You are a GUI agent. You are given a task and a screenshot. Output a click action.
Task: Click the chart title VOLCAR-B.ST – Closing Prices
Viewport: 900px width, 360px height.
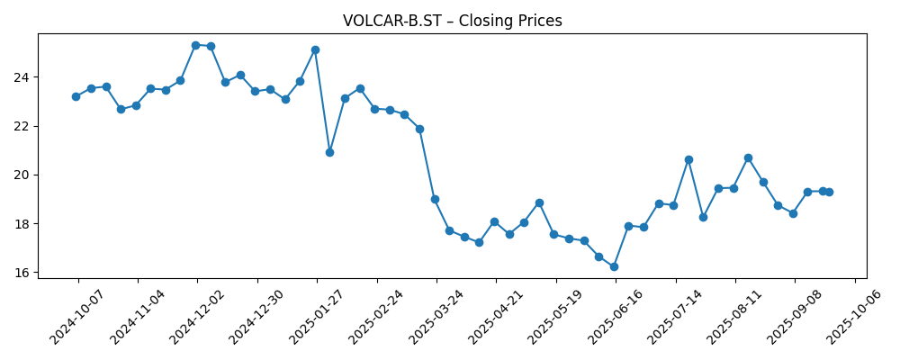(x=452, y=21)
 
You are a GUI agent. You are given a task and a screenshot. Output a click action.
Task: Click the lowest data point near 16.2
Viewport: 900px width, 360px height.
(x=614, y=266)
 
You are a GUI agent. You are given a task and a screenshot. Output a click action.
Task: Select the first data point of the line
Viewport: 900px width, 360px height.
(x=76, y=96)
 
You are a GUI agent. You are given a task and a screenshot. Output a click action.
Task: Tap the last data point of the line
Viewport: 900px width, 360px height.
(x=829, y=192)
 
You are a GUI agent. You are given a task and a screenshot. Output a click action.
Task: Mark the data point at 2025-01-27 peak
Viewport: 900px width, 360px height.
(x=315, y=49)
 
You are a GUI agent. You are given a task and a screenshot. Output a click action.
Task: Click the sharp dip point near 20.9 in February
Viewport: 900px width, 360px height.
(x=329, y=152)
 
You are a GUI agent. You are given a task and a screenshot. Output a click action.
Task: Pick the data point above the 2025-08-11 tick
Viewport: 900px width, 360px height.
(x=733, y=188)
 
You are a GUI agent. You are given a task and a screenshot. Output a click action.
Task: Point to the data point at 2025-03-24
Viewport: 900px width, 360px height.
(x=435, y=199)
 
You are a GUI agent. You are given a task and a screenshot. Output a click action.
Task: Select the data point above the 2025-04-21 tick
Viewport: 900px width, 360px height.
(x=494, y=221)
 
